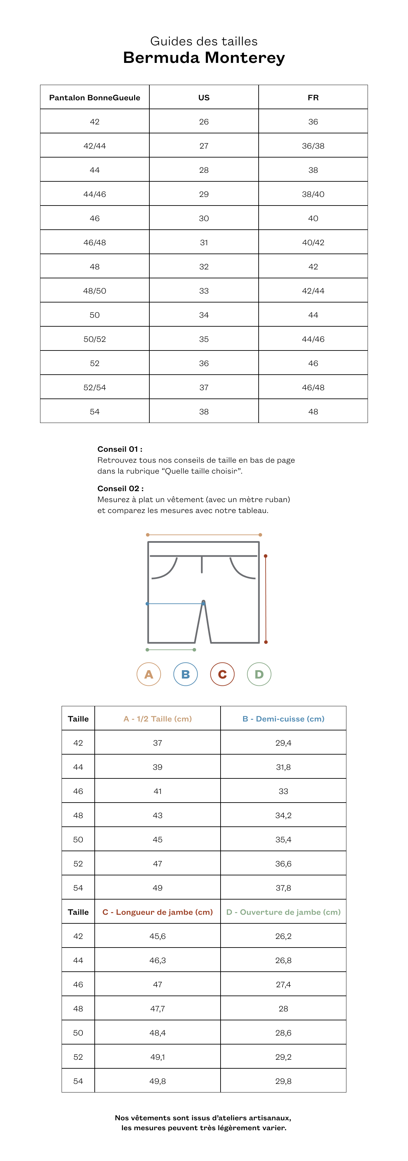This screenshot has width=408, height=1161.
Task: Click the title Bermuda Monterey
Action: click(x=204, y=58)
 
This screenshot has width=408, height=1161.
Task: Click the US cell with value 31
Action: click(x=204, y=243)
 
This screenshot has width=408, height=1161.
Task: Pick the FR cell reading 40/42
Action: click(x=313, y=243)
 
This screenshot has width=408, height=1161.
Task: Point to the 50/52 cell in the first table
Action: click(x=95, y=339)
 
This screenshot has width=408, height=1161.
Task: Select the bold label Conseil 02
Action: click(x=120, y=488)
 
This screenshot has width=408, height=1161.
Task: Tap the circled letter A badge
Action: click(x=149, y=674)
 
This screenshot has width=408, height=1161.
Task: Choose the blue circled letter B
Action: click(x=185, y=674)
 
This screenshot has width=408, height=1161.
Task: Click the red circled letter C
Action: click(x=222, y=674)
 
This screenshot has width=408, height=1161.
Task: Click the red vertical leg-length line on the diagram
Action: click(x=266, y=599)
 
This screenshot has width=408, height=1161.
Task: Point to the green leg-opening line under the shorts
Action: click(x=171, y=649)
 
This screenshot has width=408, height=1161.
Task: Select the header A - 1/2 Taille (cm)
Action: click(x=157, y=719)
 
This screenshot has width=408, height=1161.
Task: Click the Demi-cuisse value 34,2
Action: click(x=283, y=815)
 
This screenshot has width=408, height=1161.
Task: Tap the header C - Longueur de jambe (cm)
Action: click(x=157, y=912)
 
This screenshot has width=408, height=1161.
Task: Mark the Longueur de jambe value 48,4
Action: click(x=157, y=1033)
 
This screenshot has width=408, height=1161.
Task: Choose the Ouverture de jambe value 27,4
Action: click(x=283, y=984)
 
